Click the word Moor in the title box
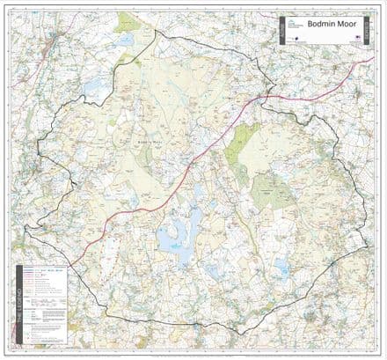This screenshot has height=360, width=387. [x=343, y=26]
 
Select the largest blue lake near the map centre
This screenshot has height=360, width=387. [x=175, y=236]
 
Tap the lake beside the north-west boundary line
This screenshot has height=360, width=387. [x=97, y=88]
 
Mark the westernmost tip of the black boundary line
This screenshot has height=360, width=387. [x=25, y=229]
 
